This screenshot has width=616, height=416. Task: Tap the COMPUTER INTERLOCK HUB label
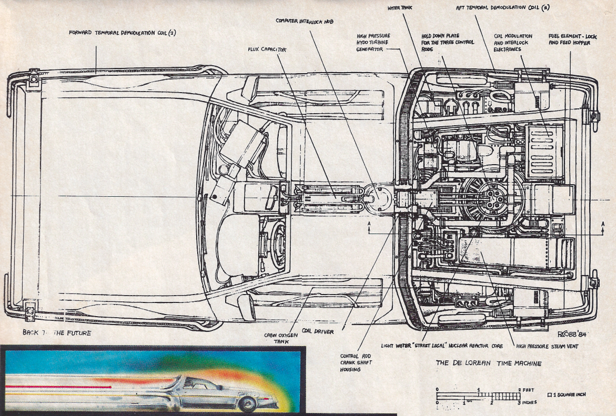305,21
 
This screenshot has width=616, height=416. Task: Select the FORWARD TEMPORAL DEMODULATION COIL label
123,33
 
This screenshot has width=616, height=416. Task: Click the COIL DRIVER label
317,331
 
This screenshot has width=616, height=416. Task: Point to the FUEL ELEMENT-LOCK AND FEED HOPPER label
569,39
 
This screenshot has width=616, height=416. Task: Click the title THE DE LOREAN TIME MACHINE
489,363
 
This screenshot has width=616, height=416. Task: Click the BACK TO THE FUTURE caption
57,333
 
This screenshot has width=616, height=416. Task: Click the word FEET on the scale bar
529,390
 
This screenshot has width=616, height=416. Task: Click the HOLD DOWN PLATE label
448,42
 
